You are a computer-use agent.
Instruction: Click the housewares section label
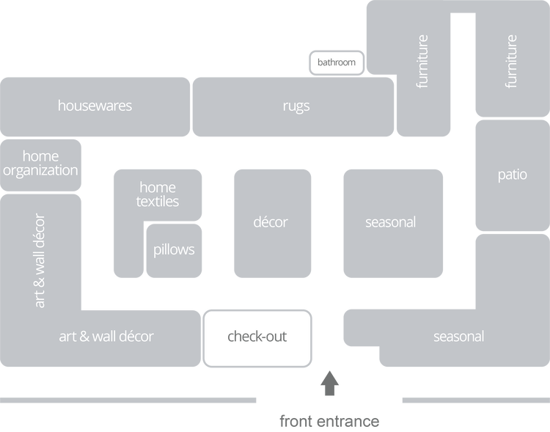click(x=95, y=106)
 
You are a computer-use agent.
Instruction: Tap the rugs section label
click(x=296, y=106)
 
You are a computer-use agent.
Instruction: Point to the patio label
click(x=512, y=175)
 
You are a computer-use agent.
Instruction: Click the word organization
click(x=40, y=170)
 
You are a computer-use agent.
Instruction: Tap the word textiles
click(x=158, y=201)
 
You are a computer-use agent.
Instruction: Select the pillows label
click(x=174, y=249)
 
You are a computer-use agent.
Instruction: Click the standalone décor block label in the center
click(x=271, y=222)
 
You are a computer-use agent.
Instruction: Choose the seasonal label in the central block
click(x=390, y=222)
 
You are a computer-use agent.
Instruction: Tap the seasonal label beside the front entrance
click(x=458, y=337)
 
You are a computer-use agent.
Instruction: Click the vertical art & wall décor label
click(x=40, y=260)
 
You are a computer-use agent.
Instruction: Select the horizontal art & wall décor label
click(x=106, y=337)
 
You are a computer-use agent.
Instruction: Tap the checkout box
click(x=258, y=337)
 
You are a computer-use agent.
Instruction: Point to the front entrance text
click(x=329, y=421)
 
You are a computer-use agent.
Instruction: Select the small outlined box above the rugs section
click(x=337, y=62)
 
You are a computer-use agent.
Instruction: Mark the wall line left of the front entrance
click(x=128, y=400)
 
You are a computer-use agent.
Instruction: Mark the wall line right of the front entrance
click(x=474, y=400)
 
